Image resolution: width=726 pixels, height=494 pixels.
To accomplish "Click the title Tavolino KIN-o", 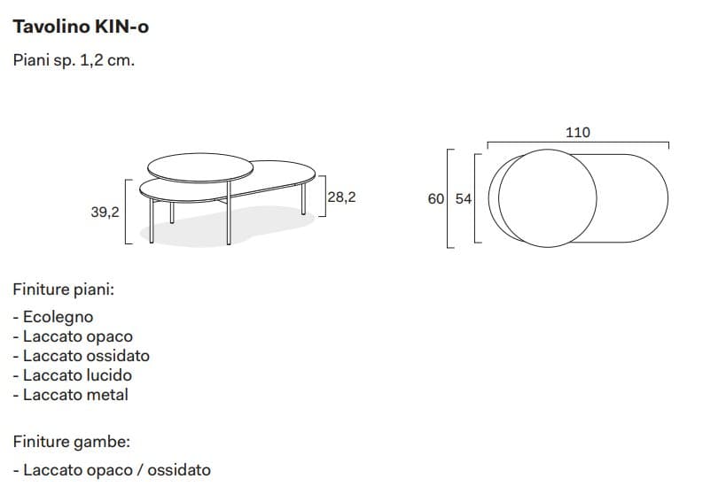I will click(x=81, y=27).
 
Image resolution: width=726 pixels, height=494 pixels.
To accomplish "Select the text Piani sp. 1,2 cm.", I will click(x=74, y=62).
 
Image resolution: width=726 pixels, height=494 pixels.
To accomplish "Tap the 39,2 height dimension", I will click(x=105, y=212).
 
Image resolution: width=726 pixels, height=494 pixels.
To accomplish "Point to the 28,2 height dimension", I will click(x=341, y=197).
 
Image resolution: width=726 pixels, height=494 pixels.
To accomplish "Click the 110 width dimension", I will click(x=577, y=132).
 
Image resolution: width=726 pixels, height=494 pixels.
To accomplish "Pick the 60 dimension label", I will click(x=435, y=199).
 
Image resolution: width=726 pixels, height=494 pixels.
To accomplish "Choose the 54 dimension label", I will click(x=463, y=199).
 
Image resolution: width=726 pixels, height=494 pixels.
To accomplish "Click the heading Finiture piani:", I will click(x=63, y=289).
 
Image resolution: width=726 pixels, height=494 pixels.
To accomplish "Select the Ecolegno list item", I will click(x=53, y=316).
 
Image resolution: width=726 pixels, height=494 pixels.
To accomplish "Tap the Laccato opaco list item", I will click(x=73, y=336).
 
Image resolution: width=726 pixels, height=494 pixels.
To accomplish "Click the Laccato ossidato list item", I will click(x=82, y=356).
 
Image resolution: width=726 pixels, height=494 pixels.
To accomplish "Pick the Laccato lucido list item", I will click(x=73, y=375).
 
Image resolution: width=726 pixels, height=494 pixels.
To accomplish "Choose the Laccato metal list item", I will click(x=71, y=395).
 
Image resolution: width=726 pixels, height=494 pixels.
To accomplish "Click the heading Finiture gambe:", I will click(x=72, y=441).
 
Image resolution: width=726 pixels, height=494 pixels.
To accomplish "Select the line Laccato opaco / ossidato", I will click(x=113, y=470).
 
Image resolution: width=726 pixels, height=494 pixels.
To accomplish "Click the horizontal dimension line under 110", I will click(x=577, y=143).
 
